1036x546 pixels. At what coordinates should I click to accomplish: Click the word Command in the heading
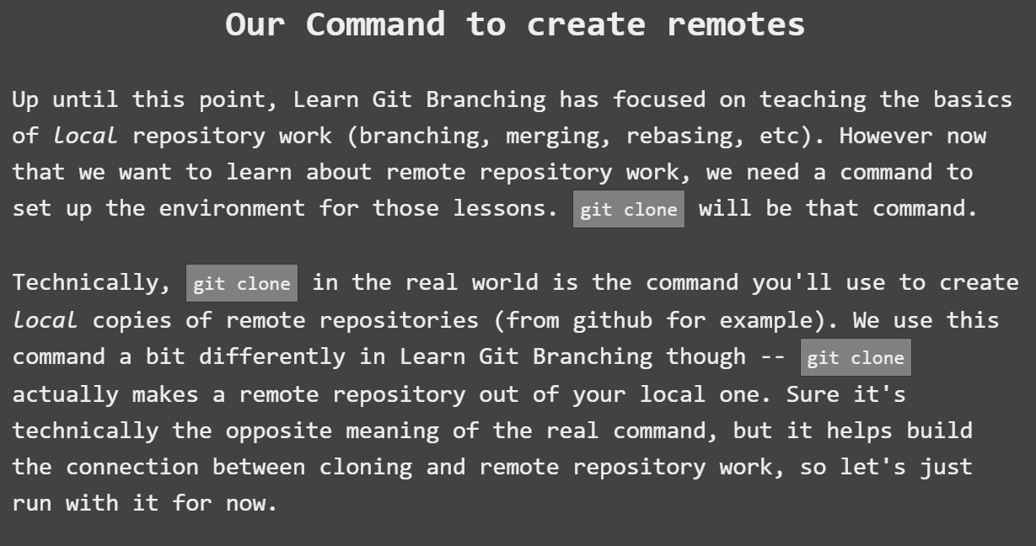tap(375, 24)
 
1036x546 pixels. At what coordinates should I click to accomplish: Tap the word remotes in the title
tap(735, 24)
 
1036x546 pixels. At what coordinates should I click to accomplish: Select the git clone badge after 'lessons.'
tap(629, 210)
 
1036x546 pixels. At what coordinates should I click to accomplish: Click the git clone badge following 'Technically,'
tap(242, 284)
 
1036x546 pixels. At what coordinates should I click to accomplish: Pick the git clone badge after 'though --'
tap(856, 358)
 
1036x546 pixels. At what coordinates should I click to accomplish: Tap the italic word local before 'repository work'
tap(85, 136)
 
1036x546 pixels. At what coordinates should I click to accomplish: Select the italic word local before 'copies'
tap(45, 320)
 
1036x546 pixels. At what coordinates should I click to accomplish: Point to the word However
tap(885, 136)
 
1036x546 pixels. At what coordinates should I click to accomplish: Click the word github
tap(613, 320)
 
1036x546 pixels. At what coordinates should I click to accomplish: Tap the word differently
tap(272, 356)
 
